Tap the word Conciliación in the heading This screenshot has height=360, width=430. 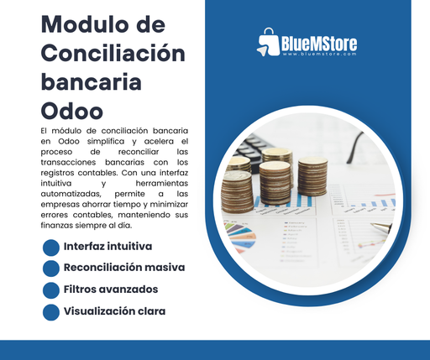pyautogui.click(x=113, y=53)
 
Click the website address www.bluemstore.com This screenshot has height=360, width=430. pyautogui.click(x=320, y=55)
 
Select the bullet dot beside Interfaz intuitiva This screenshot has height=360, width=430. pyautogui.click(x=50, y=247)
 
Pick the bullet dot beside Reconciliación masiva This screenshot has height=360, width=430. pyautogui.click(x=50, y=269)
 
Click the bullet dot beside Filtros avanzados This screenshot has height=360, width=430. pyautogui.click(x=50, y=290)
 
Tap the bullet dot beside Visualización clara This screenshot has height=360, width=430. pyautogui.click(x=50, y=311)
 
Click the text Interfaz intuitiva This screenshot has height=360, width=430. pyautogui.click(x=107, y=247)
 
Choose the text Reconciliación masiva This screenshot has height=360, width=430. pyautogui.click(x=124, y=269)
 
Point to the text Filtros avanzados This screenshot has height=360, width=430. pyautogui.click(x=111, y=290)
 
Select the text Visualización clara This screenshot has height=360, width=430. pyautogui.click(x=114, y=311)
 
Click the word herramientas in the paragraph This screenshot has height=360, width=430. pyautogui.click(x=160, y=182)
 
